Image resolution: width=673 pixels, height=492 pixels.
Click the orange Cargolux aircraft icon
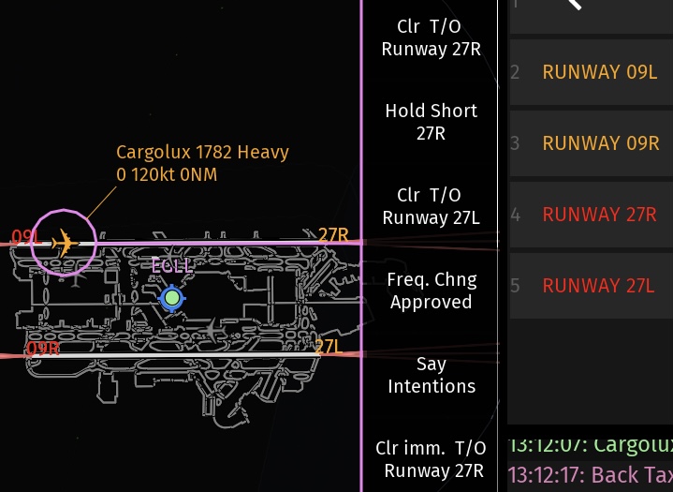point(64,243)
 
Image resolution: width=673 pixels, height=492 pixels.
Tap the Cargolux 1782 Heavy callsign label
point(202,152)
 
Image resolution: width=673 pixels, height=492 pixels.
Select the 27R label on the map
point(333,235)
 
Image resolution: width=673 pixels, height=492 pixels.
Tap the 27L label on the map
point(329,347)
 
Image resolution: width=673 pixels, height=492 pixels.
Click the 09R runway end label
point(43,350)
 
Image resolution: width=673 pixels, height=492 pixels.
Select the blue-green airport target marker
point(171,299)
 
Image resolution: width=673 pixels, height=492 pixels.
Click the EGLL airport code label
point(172,266)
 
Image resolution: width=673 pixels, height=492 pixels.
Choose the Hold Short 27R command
point(431,122)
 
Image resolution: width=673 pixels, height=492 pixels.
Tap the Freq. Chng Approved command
point(431,291)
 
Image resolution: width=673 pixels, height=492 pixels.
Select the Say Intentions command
point(431,375)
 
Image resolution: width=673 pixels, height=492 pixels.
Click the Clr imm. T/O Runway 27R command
point(431,459)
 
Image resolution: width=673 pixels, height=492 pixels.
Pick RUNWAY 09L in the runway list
point(600,72)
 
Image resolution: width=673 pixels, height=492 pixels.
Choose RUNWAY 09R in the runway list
point(600,143)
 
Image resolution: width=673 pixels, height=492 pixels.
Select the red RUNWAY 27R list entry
point(599,215)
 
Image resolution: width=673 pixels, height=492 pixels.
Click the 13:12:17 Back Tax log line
point(590,471)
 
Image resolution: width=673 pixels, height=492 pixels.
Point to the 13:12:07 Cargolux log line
point(590,444)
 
